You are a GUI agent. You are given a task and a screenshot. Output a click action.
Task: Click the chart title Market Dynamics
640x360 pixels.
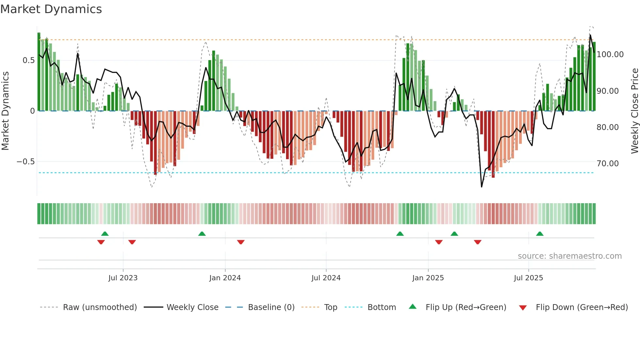[51, 9]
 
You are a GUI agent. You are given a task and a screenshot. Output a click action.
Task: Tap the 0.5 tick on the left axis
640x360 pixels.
[28, 60]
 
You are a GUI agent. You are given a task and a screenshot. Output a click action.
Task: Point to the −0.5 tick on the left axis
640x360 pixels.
[25, 162]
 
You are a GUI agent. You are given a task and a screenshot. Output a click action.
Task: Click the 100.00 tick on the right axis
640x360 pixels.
[610, 55]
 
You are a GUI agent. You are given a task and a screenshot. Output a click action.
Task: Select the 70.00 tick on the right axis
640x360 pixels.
[607, 164]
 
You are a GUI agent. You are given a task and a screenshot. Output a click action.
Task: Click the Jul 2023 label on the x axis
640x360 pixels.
[123, 278]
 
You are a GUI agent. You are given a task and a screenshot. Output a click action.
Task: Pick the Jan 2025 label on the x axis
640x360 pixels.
[428, 278]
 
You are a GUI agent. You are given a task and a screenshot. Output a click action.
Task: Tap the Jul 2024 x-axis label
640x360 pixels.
[326, 278]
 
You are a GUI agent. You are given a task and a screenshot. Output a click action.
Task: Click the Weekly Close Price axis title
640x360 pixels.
[634, 111]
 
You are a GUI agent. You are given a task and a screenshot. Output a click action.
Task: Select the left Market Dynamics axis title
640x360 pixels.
[5, 111]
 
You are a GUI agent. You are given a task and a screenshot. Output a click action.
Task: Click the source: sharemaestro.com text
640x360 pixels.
[569, 256]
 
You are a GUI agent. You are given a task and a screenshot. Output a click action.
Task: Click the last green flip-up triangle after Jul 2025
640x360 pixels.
[540, 234]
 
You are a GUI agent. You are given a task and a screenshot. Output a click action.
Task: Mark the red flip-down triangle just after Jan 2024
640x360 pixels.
[241, 242]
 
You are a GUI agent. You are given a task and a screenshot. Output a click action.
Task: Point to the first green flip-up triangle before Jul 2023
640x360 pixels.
[105, 234]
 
